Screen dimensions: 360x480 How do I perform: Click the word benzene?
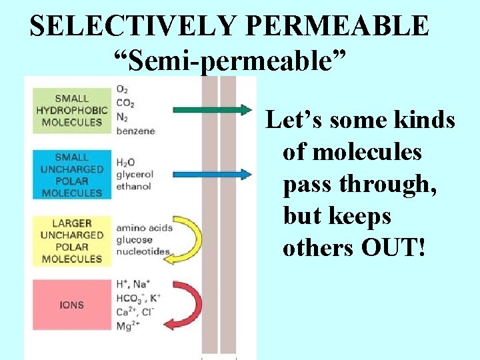point(136,131)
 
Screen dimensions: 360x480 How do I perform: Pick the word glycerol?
point(135,175)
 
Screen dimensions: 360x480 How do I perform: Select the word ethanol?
point(133,186)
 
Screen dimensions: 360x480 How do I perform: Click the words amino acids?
point(144,227)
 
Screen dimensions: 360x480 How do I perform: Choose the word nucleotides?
point(142,251)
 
